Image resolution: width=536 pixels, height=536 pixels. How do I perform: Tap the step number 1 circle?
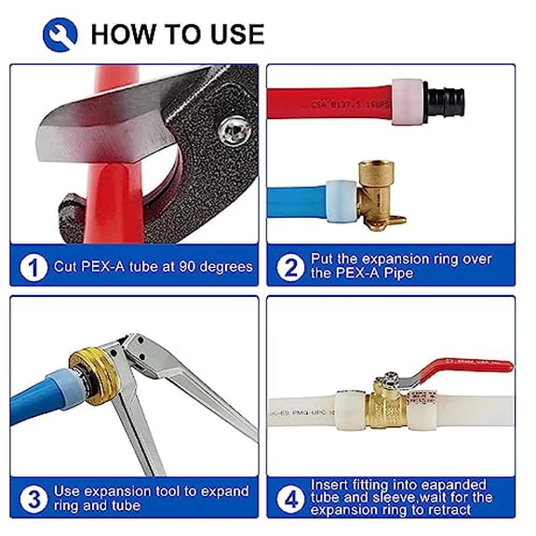click(x=33, y=267)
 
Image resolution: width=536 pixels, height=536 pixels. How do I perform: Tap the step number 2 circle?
click(x=292, y=267)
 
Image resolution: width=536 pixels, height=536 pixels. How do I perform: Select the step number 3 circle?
click(x=33, y=499)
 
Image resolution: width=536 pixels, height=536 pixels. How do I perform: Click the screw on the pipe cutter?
click(x=233, y=129)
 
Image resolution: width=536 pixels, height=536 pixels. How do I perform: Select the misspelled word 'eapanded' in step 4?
click(x=454, y=485)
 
